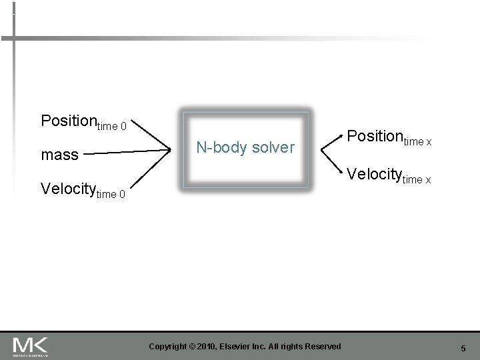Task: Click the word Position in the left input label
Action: coord(69,121)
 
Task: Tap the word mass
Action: coord(59,155)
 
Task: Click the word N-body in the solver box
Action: coord(217,147)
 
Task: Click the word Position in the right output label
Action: coord(374,136)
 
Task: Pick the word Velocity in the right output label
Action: coord(373,175)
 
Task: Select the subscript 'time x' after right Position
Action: coord(417,141)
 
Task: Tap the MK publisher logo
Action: coord(31,345)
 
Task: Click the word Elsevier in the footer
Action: coord(243,346)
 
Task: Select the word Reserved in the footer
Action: coord(323,346)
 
